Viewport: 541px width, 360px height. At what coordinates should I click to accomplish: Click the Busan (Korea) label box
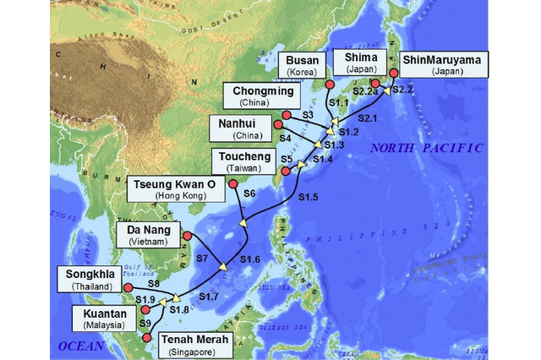tap(303, 66)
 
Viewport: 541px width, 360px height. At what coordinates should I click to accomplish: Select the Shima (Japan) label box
tap(361, 62)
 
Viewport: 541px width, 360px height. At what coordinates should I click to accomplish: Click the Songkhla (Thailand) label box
tap(90, 279)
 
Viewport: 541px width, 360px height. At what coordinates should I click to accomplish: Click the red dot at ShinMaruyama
tap(393, 74)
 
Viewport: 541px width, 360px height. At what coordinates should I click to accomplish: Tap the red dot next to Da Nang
tap(187, 236)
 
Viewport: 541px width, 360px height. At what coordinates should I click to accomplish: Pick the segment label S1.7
tap(210, 297)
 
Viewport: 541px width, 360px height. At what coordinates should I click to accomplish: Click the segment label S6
tap(249, 194)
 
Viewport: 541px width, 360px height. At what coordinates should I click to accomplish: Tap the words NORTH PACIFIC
tap(426, 148)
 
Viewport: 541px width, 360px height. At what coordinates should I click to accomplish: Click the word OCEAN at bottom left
tap(81, 346)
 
